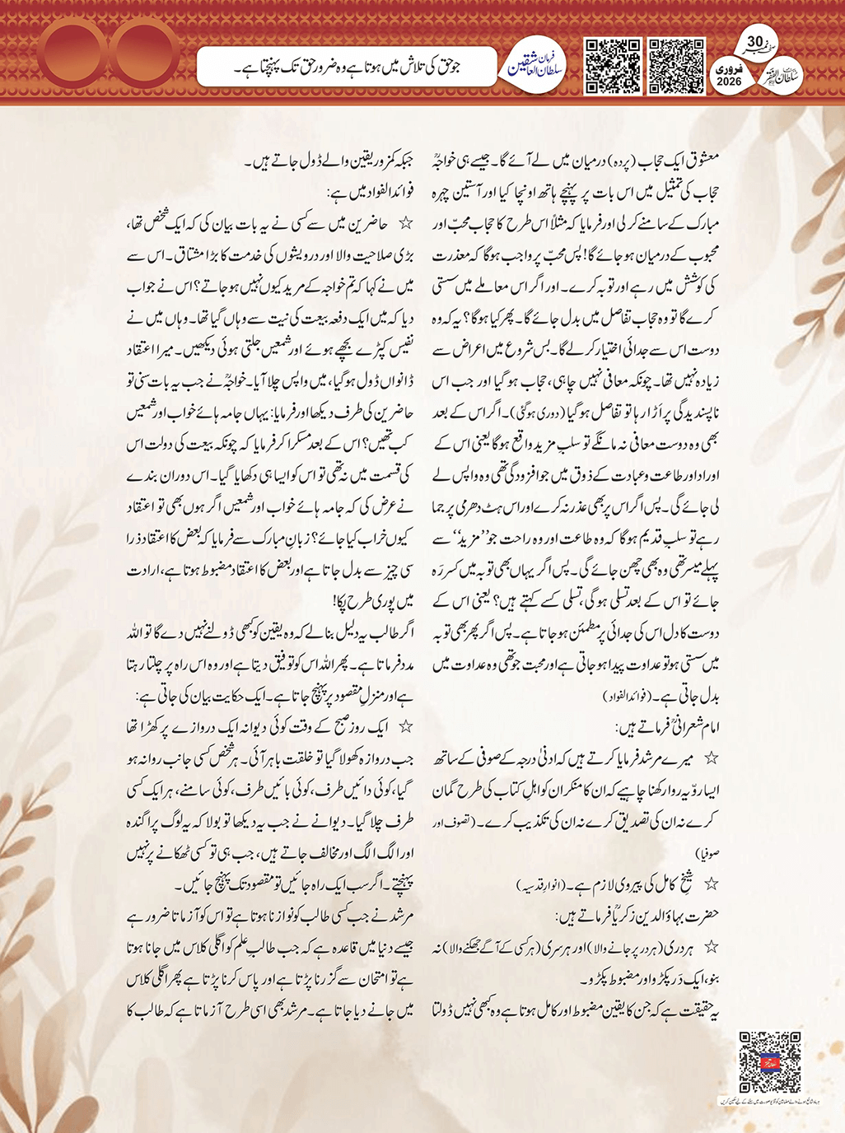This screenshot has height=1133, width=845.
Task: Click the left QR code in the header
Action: [x=612, y=66]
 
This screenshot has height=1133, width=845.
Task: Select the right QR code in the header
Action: [x=676, y=66]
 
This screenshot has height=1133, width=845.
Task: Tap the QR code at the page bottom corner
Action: [x=769, y=1061]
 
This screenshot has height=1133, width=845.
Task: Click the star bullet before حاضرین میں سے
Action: [x=404, y=223]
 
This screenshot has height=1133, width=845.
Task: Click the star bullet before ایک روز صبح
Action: [x=404, y=727]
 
